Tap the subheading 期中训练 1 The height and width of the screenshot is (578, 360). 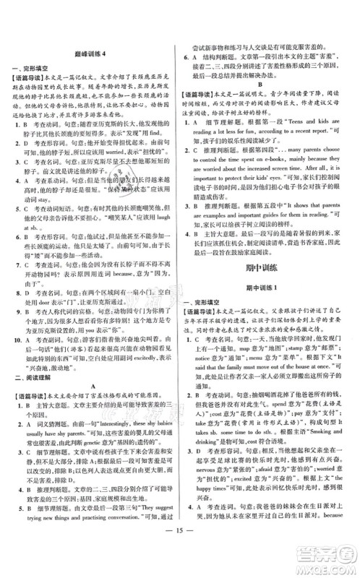coord(271,267)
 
